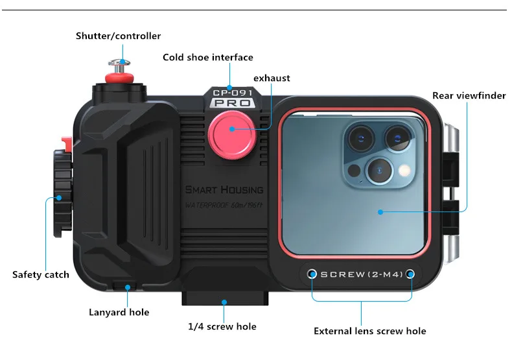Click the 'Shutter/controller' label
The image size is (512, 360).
pyautogui.click(x=118, y=36)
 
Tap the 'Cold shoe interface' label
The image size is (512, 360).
pyautogui.click(x=207, y=57)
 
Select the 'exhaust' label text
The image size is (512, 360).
pyautogui.click(x=272, y=78)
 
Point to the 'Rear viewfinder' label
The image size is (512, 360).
pyautogui.click(x=469, y=95)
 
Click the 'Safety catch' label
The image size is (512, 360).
pyautogui.click(x=40, y=274)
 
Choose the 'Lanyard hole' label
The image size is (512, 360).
pyautogui.click(x=119, y=312)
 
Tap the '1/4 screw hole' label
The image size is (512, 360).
pyautogui.click(x=222, y=326)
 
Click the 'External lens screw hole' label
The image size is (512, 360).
pyautogui.click(x=369, y=331)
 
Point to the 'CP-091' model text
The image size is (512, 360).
pyautogui.click(x=233, y=92)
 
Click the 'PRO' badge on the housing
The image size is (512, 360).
pyautogui.click(x=233, y=103)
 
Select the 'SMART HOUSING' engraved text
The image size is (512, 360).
pyautogui.click(x=224, y=190)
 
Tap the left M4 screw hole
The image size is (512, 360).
pyautogui.click(x=312, y=274)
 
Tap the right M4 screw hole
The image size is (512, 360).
pyautogui.click(x=410, y=274)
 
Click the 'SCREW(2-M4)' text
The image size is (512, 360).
pyautogui.click(x=360, y=274)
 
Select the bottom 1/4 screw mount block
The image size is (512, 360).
pyautogui.click(x=224, y=299)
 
